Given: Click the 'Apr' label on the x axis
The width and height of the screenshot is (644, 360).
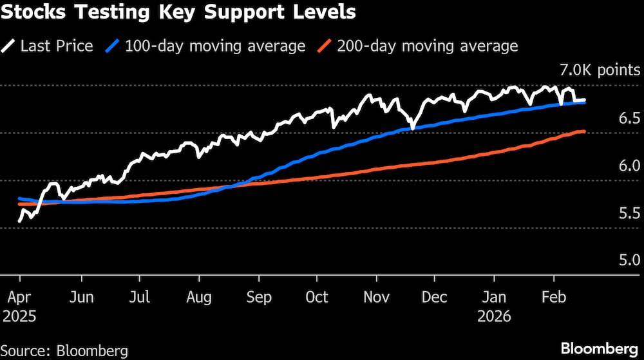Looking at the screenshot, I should point(19,298).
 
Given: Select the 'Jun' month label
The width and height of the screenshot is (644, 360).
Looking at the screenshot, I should point(81,298).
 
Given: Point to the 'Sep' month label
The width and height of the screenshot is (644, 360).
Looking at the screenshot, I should point(258,298).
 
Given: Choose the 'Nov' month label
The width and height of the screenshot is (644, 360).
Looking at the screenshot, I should point(377,298).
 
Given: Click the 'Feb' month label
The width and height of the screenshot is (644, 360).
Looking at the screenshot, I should point(553,298).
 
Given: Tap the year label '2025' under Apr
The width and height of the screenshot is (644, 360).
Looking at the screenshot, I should point(20,317).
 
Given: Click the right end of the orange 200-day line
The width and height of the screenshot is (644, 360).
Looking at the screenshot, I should point(583,132).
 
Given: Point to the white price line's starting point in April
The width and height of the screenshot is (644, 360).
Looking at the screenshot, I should point(19,222).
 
